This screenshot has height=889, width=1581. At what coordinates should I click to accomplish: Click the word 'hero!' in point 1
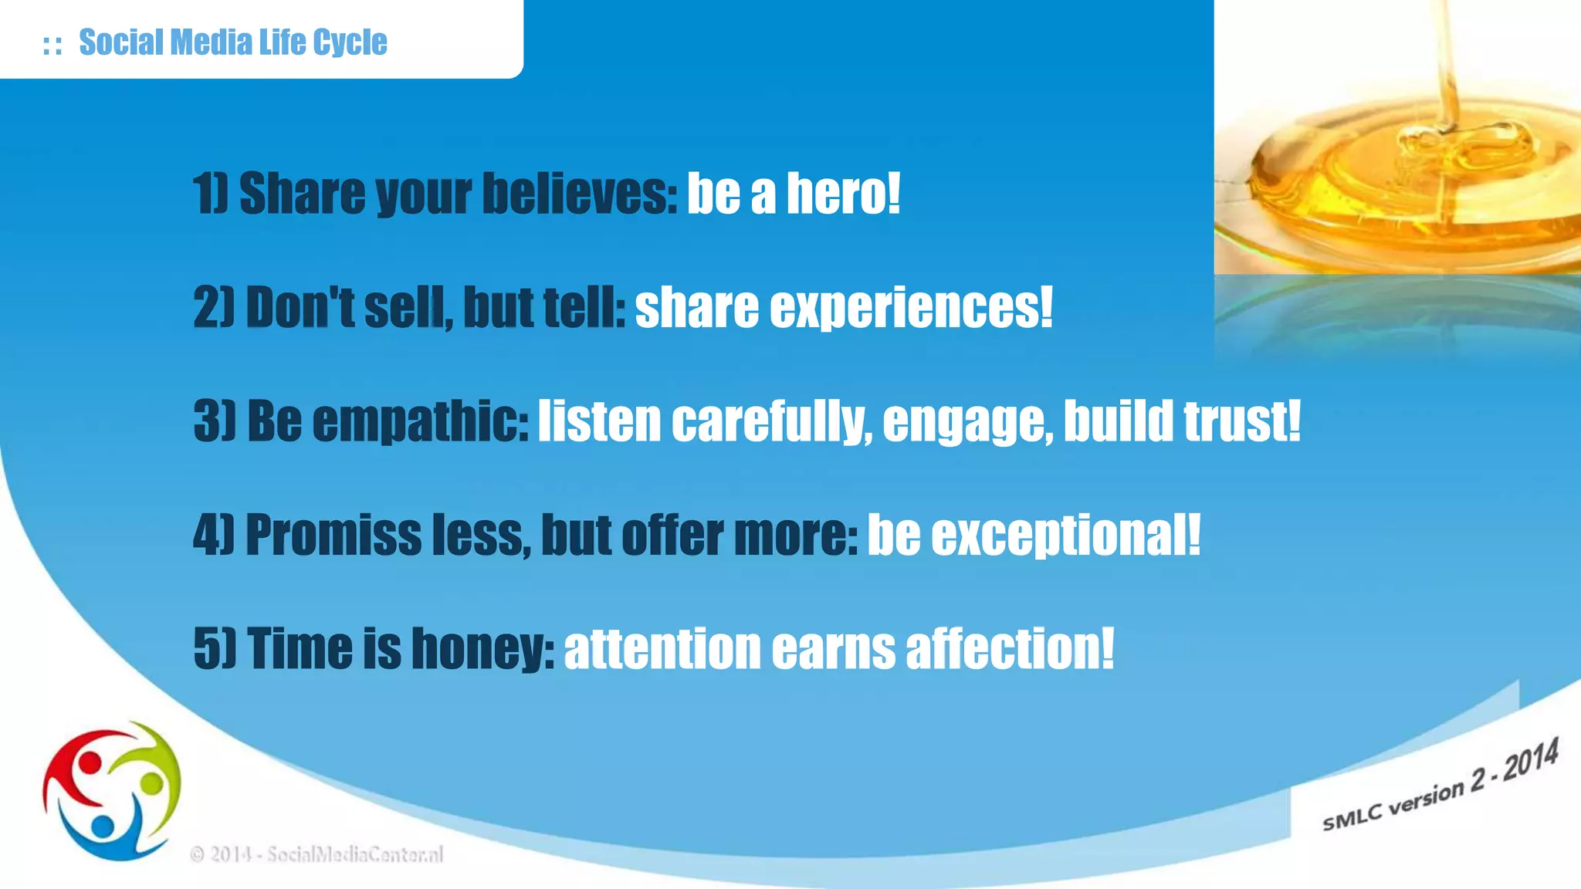843,193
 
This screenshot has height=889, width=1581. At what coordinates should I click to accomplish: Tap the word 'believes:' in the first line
580,193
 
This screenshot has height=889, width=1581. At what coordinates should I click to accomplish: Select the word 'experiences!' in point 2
911,308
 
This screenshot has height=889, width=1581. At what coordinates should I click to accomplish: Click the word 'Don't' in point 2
300,308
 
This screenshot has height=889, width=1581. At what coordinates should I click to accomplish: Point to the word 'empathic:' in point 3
420,422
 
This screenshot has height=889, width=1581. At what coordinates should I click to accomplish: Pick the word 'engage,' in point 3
967,422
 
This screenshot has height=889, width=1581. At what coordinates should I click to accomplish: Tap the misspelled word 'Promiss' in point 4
333,535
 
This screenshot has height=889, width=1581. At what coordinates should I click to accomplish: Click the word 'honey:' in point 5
482,648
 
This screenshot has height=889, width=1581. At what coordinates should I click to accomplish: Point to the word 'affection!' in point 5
1010,648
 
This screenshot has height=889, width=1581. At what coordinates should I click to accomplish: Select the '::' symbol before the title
52,45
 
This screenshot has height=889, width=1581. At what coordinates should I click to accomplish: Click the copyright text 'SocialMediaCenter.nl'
355,854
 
